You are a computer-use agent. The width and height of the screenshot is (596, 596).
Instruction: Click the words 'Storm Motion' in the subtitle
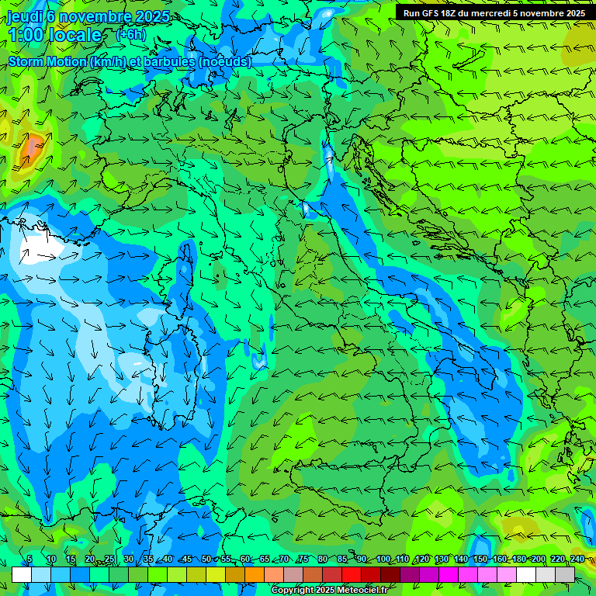pyautogui.click(x=47, y=61)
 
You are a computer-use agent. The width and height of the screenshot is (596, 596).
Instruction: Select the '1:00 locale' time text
pyautogui.click(x=54, y=35)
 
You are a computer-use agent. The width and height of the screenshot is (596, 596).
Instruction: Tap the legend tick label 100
pyautogui.click(x=383, y=559)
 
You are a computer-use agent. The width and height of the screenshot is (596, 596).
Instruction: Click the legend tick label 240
pyautogui.click(x=577, y=559)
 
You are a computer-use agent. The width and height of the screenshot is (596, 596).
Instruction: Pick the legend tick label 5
pyautogui.click(x=29, y=559)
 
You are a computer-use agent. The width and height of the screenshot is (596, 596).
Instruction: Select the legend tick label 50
pyautogui.click(x=206, y=559)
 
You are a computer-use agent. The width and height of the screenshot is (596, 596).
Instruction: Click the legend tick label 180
pyautogui.click(x=518, y=559)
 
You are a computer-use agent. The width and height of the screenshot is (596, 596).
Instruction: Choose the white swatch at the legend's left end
pyautogui.click(x=22, y=574)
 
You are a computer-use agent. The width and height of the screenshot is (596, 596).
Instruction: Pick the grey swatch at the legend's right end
pyautogui.click(x=565, y=574)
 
